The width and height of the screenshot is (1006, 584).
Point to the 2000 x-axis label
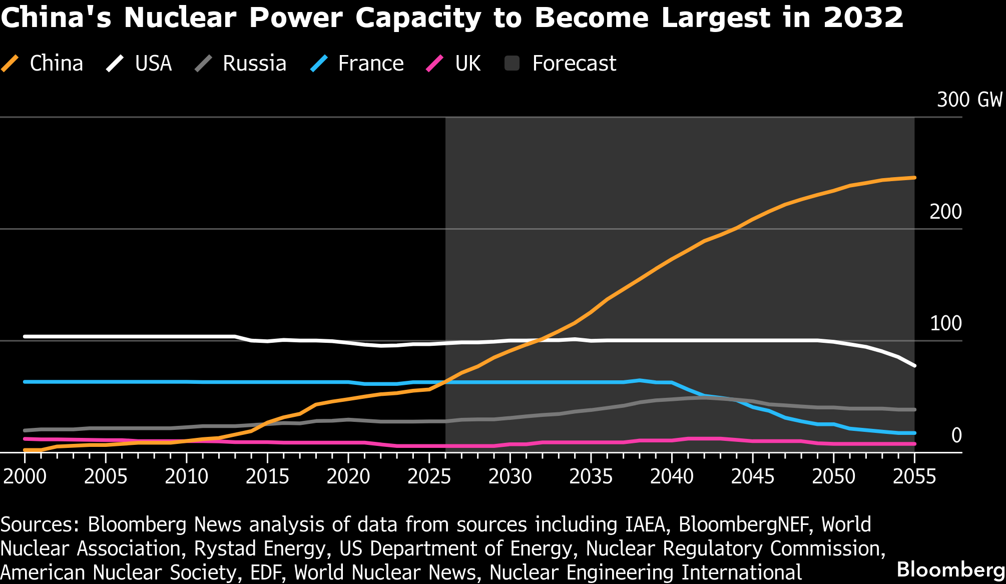tap(25, 476)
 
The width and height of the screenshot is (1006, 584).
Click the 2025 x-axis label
tap(429, 476)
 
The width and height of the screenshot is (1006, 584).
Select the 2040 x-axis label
tap(672, 476)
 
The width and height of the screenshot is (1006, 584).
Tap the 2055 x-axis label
tap(914, 476)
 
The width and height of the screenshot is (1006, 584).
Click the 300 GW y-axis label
tap(969, 100)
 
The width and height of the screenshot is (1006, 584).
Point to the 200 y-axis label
tap(945, 212)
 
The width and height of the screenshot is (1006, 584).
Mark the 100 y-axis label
tap(945, 323)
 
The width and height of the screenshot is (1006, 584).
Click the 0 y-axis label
tap(956, 435)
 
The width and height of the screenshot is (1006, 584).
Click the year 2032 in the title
tap(863, 18)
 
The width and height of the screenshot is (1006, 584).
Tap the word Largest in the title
tap(716, 18)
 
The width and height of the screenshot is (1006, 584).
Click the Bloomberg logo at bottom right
tap(950, 569)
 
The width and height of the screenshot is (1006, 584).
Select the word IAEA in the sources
tap(646, 524)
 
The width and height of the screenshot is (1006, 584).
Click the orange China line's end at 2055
tap(914, 178)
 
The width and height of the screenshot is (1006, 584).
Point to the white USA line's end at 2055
tap(914, 366)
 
